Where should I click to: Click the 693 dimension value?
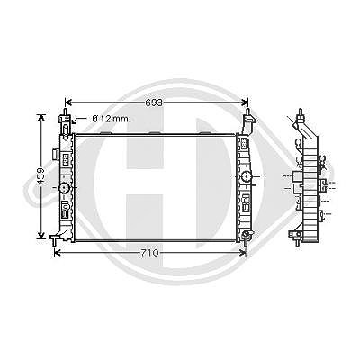click(154, 103)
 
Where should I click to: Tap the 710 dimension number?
click(149, 253)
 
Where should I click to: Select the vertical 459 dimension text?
click(41, 176)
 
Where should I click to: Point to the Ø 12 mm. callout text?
click(112, 119)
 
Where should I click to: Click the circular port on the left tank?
click(64, 188)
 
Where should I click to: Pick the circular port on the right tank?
click(247, 176)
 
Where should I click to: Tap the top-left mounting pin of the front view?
click(64, 112)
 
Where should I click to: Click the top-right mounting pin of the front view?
click(247, 112)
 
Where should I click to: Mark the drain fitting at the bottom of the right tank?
click(247, 236)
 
